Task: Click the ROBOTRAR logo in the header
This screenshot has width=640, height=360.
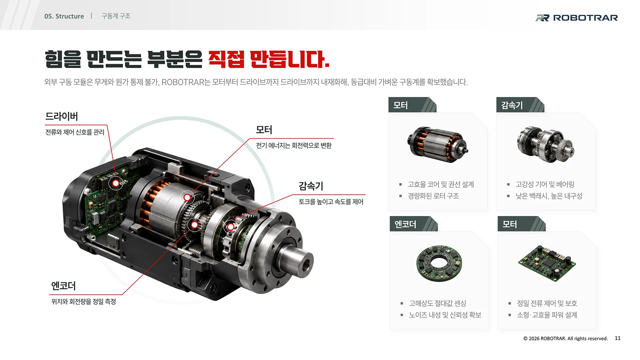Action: (576, 18)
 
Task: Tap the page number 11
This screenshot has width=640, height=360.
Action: (618, 338)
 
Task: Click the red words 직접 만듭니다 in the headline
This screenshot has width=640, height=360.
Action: (269, 59)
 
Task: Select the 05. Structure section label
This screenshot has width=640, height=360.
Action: (64, 16)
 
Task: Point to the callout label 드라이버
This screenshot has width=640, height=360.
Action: (62, 116)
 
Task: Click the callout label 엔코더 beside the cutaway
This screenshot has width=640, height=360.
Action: (63, 286)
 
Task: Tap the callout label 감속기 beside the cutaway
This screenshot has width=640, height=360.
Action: (311, 186)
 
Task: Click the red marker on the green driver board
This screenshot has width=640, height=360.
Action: (116, 183)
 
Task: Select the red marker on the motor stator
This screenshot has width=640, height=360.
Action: (187, 198)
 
